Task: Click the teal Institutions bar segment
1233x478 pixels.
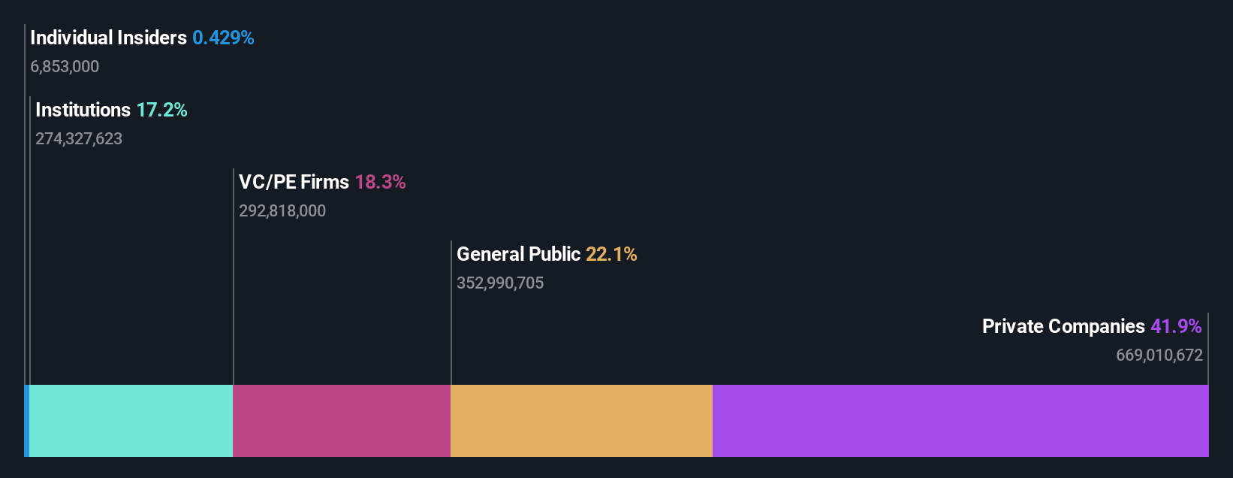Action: pyautogui.click(x=131, y=421)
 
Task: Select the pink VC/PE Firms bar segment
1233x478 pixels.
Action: pyautogui.click(x=342, y=421)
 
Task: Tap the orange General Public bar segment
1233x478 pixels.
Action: pyautogui.click(x=581, y=421)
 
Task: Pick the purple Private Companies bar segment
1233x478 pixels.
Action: pyautogui.click(x=960, y=421)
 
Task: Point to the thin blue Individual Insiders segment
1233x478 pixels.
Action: pyautogui.click(x=26, y=421)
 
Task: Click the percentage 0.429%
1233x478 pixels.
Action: pyautogui.click(x=223, y=38)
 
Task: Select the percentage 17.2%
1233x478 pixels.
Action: pyautogui.click(x=161, y=110)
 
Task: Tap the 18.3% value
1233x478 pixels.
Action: pyautogui.click(x=380, y=182)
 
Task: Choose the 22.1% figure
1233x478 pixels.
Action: pyautogui.click(x=611, y=254)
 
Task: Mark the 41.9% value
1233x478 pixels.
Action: pyautogui.click(x=1176, y=326)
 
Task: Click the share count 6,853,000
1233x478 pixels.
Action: pyautogui.click(x=65, y=67)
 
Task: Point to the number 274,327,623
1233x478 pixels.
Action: pyautogui.click(x=79, y=139)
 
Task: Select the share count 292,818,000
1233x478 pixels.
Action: pyautogui.click(x=282, y=211)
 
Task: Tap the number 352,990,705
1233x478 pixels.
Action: pyautogui.click(x=500, y=283)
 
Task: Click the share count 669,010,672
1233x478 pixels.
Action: pyautogui.click(x=1159, y=355)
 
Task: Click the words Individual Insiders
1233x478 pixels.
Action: pyautogui.click(x=108, y=38)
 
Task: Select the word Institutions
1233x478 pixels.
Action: pyautogui.click(x=83, y=110)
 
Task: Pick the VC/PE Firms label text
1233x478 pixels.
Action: pyautogui.click(x=294, y=182)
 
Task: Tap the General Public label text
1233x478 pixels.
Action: pyautogui.click(x=518, y=254)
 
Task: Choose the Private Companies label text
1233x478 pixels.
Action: pyautogui.click(x=1063, y=326)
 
